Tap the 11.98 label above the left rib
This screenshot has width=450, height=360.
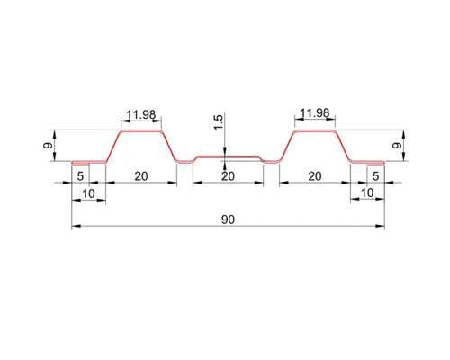(x=140, y=114)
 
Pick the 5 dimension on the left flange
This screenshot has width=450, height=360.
(x=81, y=175)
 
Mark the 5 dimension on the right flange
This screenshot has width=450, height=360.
(x=374, y=175)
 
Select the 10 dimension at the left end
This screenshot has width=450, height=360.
(x=88, y=193)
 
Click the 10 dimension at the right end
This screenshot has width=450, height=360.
(x=366, y=193)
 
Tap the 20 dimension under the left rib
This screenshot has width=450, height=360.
(x=140, y=175)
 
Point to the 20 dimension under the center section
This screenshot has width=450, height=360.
(x=228, y=175)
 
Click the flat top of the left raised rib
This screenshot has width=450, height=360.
(x=140, y=131)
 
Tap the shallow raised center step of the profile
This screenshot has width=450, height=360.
(x=228, y=157)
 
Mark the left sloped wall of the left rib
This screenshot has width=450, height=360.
(x=113, y=147)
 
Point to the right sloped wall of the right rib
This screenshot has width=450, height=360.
(x=342, y=147)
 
